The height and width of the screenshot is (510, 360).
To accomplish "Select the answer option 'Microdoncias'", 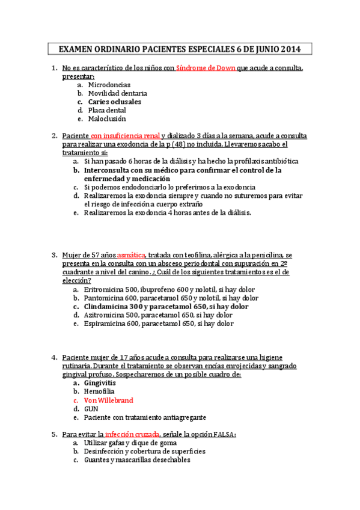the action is (105, 85).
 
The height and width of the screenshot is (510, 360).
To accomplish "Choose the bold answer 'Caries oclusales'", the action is (114, 102).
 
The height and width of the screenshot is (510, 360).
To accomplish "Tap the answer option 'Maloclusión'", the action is (106, 118).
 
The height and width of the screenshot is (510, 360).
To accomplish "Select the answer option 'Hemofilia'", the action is (99, 391).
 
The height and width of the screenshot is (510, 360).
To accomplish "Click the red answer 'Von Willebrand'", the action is (108, 400).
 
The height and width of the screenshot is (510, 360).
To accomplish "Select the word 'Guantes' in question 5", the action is (97, 460).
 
